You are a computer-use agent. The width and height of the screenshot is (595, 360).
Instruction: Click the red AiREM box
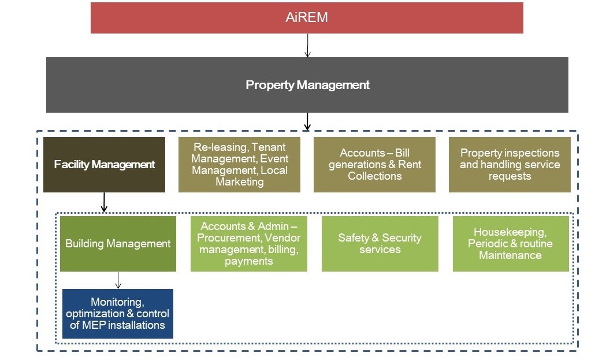click(307, 18)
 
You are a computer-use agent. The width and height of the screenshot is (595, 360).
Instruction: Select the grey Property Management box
click(307, 85)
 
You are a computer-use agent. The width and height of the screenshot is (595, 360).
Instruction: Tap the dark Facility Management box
click(104, 165)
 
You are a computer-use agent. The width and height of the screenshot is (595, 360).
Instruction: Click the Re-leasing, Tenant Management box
click(239, 165)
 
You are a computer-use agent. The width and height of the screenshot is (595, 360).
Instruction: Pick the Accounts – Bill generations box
click(374, 165)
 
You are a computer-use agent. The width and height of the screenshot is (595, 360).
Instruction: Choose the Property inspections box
click(510, 165)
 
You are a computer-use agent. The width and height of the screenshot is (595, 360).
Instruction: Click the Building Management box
click(118, 244)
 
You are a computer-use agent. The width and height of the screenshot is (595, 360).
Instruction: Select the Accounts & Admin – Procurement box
click(248, 244)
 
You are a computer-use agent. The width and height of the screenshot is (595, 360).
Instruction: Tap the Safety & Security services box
click(380, 244)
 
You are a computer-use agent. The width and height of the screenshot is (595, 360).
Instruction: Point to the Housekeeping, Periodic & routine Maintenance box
click(511, 244)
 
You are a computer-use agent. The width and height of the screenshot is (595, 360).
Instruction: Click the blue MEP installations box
click(118, 314)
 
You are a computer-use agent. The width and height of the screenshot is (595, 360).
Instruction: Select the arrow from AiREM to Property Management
click(307, 46)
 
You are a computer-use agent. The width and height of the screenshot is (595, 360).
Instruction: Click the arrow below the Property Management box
click(307, 121)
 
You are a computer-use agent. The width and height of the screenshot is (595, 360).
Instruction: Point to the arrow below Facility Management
click(104, 202)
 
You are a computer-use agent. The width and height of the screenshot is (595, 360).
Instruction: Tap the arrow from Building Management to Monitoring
click(118, 280)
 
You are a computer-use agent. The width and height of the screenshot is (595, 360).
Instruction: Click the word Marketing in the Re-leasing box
click(239, 182)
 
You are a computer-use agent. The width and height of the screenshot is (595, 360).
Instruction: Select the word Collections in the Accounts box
click(374, 176)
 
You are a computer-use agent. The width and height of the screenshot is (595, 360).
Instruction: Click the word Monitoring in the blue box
click(117, 302)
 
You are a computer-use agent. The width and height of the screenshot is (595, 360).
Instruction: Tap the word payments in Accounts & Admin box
click(248, 261)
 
